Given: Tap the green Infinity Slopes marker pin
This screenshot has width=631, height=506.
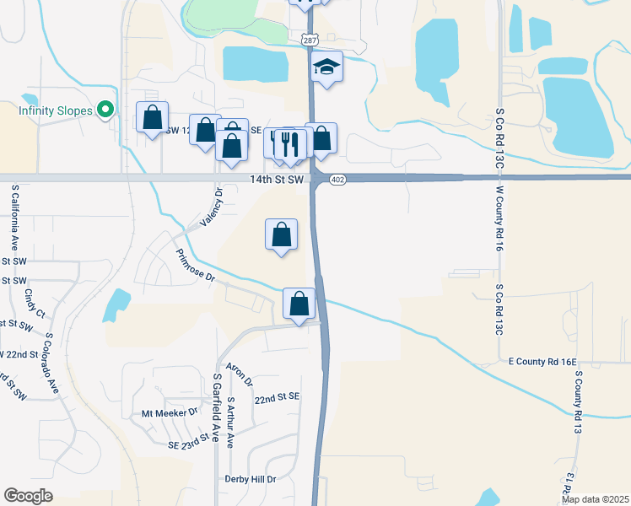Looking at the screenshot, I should [x=105, y=110].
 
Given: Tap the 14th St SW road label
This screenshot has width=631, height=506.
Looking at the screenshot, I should [x=276, y=180].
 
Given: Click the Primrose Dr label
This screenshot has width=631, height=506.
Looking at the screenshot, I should [x=196, y=265].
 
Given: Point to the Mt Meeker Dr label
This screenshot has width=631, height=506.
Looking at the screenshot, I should [x=169, y=413].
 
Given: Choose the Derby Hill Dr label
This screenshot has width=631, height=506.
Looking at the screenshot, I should [x=251, y=479].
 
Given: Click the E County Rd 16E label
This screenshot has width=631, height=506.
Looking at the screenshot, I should [x=542, y=362].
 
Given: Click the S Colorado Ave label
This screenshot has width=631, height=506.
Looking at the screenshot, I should [x=51, y=363].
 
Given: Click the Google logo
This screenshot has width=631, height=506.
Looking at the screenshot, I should [x=28, y=496].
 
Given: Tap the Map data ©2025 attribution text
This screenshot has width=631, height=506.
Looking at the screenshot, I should [x=595, y=499].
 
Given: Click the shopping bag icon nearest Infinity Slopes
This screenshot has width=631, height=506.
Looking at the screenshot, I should [x=152, y=117].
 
